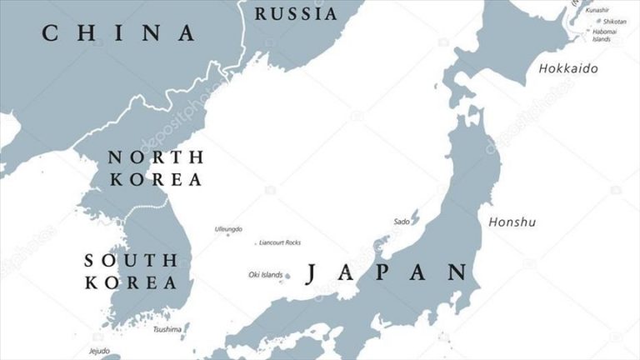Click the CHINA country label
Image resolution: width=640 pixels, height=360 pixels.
[119, 33]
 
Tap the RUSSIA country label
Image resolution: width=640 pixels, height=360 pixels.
[296, 14]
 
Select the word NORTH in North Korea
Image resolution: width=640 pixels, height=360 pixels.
[156, 157]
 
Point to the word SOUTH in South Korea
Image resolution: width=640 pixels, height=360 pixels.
[131, 260]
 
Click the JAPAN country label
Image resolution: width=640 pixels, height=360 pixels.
[387, 272]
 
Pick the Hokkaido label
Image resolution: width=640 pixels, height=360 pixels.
[568, 68]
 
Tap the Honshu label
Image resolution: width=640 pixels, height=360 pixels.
[512, 222]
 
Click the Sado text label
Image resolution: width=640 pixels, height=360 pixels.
[401, 222]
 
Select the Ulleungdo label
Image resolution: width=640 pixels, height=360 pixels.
[228, 228]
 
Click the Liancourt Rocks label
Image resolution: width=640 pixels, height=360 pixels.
[280, 242]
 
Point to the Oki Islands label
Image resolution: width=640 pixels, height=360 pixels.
[265, 274]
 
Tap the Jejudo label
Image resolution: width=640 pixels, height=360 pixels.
[99, 350]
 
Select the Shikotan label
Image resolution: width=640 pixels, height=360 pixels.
[615, 21]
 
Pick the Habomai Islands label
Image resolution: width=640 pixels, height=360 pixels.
[605, 35]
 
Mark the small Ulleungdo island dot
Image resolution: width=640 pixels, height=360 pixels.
[227, 235]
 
